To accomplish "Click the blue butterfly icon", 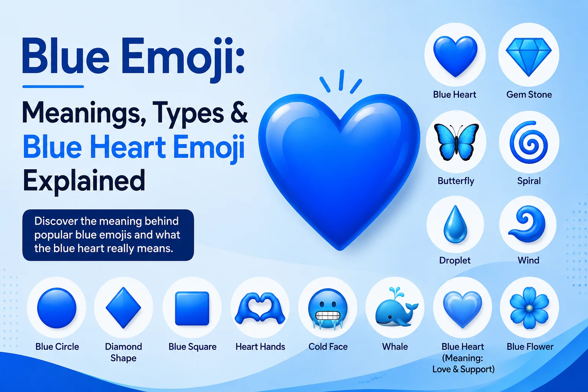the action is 456,142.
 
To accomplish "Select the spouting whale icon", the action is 396,307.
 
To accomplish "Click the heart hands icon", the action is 260,308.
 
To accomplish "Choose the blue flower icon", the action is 529,308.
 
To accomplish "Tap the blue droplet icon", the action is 456,224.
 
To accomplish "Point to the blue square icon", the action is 192,309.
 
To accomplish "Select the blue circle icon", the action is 57,308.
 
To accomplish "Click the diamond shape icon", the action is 123,307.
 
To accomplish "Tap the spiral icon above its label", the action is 529,142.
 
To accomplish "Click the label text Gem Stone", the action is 529,95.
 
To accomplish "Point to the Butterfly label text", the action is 456,181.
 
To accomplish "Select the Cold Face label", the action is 328,346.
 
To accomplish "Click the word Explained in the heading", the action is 84,181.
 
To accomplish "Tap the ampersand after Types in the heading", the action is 239,113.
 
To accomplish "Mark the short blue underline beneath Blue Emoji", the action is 53,87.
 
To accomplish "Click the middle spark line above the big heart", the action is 341,80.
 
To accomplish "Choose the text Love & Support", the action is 463,369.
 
